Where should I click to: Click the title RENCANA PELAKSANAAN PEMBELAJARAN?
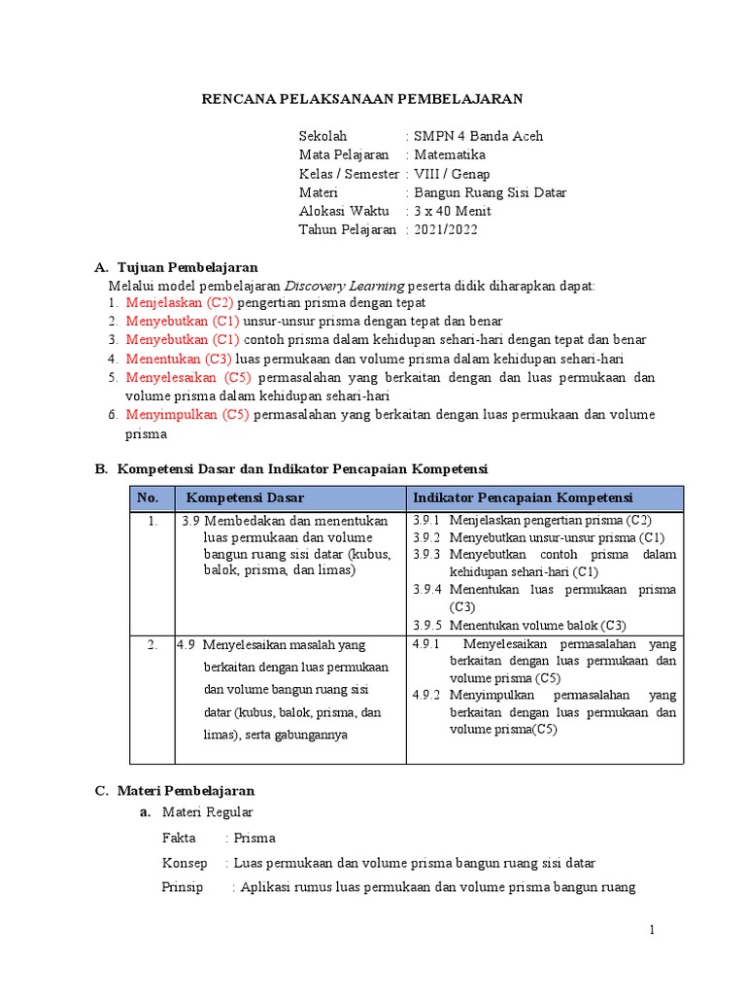[361, 99]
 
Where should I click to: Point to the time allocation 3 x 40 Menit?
[453, 211]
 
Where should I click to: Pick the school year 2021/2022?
[446, 230]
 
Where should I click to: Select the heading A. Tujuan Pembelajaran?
[176, 267]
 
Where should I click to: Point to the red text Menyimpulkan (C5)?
[187, 415]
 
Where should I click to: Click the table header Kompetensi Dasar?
[245, 497]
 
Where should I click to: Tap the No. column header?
[148, 497]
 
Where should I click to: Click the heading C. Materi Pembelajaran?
[175, 791]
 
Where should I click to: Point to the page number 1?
[653, 930]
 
